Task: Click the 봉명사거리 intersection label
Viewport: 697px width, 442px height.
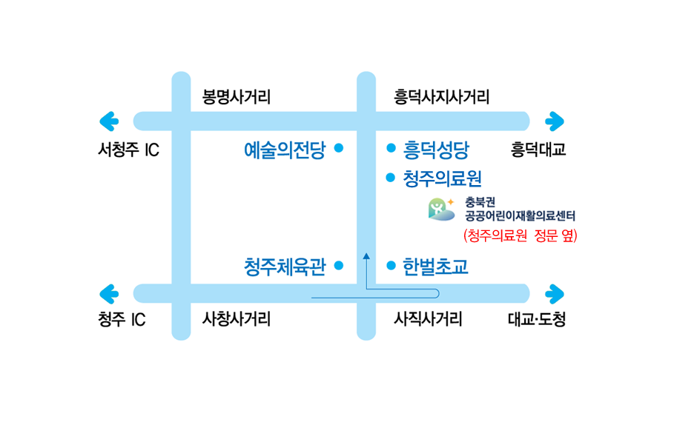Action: (237, 97)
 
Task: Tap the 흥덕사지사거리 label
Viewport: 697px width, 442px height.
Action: (441, 97)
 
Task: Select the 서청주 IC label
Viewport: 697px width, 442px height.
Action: (128, 150)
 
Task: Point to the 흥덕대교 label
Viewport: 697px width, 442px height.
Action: (538, 150)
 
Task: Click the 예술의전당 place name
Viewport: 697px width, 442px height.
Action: (285, 150)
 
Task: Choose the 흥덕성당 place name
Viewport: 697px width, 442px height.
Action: (436, 150)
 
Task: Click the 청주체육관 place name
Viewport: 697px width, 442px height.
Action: (285, 266)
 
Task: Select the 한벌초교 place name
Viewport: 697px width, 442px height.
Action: (435, 266)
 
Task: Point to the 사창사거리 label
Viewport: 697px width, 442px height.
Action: (237, 320)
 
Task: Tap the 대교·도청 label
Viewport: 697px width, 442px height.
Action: (537, 320)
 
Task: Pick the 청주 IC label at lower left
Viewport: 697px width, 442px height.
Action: (121, 320)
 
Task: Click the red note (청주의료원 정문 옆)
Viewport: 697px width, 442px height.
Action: (520, 236)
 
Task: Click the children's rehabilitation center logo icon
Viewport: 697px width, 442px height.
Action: (441, 210)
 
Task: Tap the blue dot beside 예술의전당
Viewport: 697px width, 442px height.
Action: (339, 148)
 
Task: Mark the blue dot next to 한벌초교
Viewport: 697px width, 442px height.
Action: (391, 265)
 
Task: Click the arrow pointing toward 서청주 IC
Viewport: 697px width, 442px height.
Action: (109, 121)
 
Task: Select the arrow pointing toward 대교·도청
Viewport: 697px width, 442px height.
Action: (555, 293)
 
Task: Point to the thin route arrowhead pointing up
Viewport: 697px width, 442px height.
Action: (367, 256)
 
